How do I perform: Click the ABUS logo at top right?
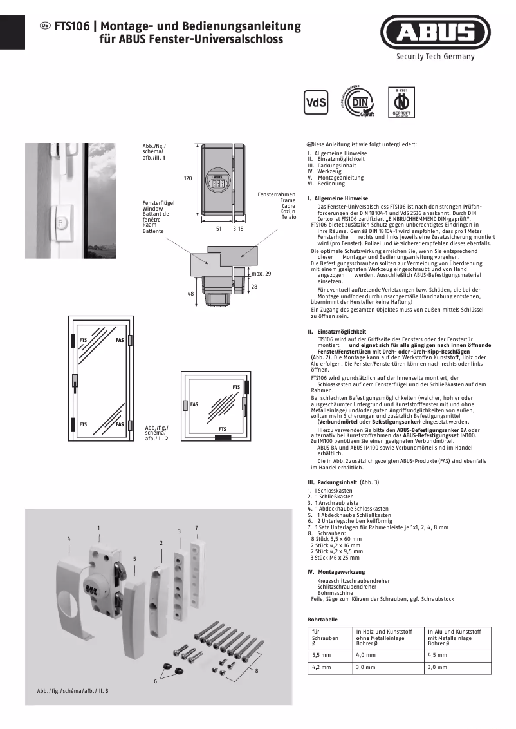[x=435, y=32]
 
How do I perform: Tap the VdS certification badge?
[x=315, y=102]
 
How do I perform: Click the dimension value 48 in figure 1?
[x=190, y=293]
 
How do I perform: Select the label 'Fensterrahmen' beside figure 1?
[x=277, y=194]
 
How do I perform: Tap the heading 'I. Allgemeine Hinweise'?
[x=338, y=198]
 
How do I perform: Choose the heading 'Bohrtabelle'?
[x=323, y=619]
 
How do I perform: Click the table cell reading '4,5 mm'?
[x=438, y=654]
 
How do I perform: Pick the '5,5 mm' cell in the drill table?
[x=322, y=654]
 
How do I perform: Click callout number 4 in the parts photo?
[x=69, y=537]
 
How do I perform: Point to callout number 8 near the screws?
[x=256, y=672]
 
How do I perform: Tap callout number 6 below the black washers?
[x=155, y=681]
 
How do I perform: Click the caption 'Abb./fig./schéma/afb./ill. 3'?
[x=73, y=691]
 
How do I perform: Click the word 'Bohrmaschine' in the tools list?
[x=335, y=593]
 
